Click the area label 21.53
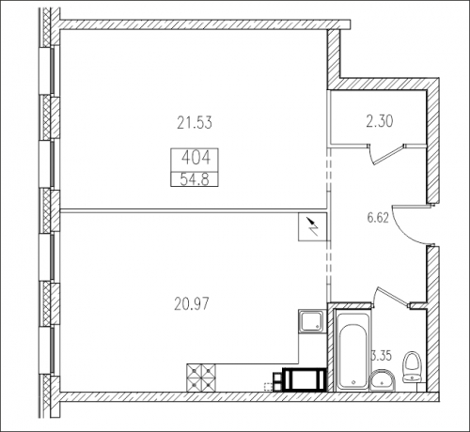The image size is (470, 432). click(195, 122)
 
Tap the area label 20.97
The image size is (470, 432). click(192, 303)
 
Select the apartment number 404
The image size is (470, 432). click(196, 158)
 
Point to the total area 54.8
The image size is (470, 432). click(195, 179)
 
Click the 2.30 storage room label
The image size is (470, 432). click(380, 121)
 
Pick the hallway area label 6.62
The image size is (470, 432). click(378, 217)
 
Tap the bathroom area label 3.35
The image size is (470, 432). click(382, 356)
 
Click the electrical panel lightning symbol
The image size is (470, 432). click(313, 227)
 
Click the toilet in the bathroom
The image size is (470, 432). click(414, 368)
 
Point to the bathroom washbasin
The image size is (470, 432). click(383, 380)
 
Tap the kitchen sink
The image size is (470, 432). click(311, 320)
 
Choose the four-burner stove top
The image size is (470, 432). click(201, 378)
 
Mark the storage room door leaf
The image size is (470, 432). click(387, 155)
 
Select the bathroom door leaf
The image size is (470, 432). click(394, 295)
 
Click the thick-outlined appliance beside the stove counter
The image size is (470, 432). click(304, 379)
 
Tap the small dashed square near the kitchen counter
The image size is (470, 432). click(268, 387)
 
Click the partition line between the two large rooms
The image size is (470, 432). click(193, 210)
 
